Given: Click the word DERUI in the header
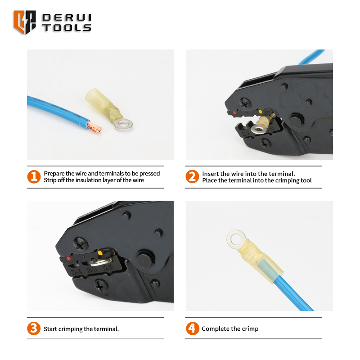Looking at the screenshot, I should click(67, 18).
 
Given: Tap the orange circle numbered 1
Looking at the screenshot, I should click(34, 176).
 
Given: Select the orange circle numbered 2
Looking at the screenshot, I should click(192, 176).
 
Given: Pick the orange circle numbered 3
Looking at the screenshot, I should click(34, 328).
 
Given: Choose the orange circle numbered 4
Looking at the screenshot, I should click(192, 328).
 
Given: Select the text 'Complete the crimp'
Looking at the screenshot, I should click(230, 329).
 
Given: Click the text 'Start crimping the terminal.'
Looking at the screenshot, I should click(81, 329).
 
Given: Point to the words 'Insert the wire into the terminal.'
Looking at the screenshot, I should click(248, 174).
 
